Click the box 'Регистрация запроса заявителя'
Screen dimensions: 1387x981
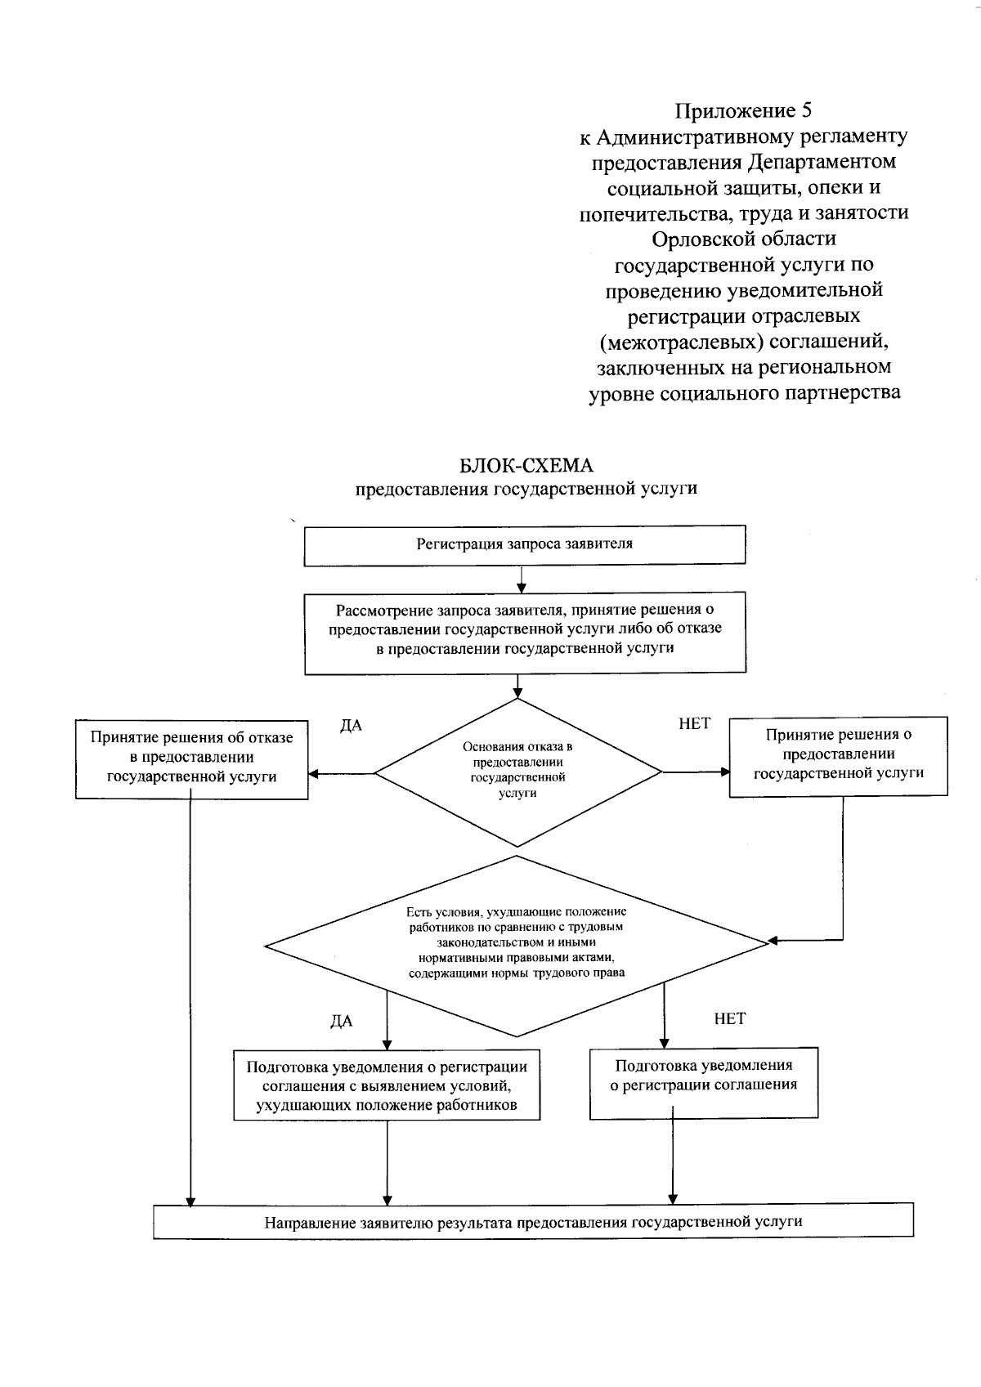[525, 544]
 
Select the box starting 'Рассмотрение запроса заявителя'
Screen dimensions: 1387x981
[525, 633]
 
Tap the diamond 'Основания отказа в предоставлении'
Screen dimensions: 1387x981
[517, 771]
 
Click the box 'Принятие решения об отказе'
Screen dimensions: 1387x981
[192, 758]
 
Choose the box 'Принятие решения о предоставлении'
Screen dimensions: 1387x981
[838, 755]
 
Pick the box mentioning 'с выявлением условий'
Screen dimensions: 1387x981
[387, 1086]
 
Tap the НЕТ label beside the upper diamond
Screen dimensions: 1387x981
[694, 724]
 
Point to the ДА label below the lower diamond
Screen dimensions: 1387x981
[341, 1022]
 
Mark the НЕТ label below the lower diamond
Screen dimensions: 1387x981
[729, 1019]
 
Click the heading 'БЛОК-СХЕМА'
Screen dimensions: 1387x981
[526, 466]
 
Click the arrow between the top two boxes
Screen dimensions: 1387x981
[522, 579]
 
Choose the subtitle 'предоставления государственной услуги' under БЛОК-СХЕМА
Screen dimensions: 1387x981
[526, 490]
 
